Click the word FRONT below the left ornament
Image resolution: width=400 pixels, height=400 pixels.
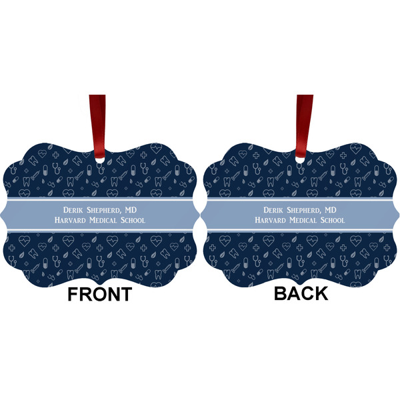pyautogui.click(x=99, y=294)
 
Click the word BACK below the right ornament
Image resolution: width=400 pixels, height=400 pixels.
pyautogui.click(x=301, y=293)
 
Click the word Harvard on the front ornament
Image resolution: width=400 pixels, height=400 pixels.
pyautogui.click(x=69, y=221)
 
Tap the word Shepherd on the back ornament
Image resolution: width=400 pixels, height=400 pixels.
pyautogui.click(x=301, y=211)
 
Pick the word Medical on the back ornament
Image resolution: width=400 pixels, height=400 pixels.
pyautogui.click(x=300, y=221)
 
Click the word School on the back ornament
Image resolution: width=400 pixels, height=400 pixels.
pyautogui.click(x=331, y=221)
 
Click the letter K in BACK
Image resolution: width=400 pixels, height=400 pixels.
pyautogui.click(x=319, y=293)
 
